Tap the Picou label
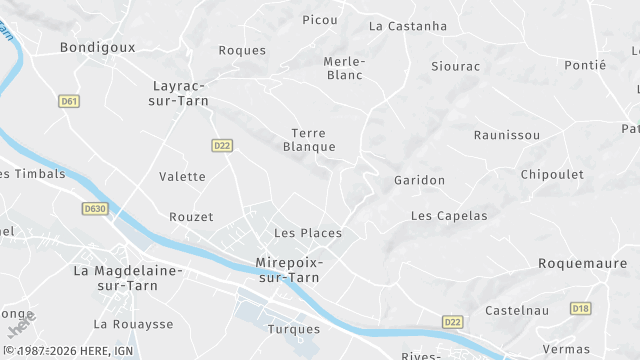[x=320, y=19]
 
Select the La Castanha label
[x=408, y=26]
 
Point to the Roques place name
[x=242, y=50]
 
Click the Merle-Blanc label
[x=344, y=68]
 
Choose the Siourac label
[x=455, y=67]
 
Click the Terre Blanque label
[x=309, y=140]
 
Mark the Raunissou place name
[x=507, y=135]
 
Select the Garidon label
[x=419, y=180]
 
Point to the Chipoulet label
[x=552, y=174]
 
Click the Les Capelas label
[x=449, y=215]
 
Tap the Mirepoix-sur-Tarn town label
[x=290, y=271]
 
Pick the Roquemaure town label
[x=581, y=263]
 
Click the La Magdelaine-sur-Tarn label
[x=128, y=278]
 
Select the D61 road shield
[x=68, y=101]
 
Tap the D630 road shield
[x=95, y=209]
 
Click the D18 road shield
[x=581, y=308]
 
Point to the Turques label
[x=294, y=328]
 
